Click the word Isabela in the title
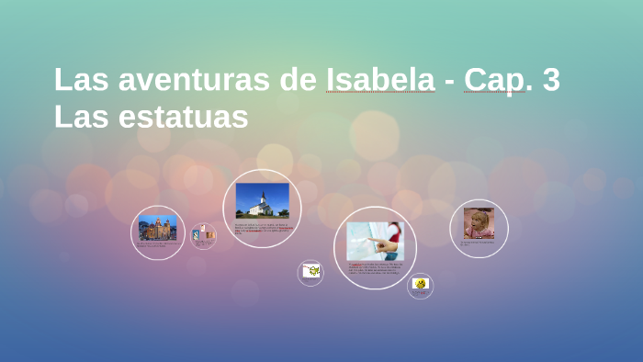point(379,80)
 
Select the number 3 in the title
point(551,80)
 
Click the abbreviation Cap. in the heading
point(497,81)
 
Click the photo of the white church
point(262,200)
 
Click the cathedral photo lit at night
point(157,227)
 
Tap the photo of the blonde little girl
point(479,222)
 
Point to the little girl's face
point(479,221)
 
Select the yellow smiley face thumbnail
point(420,284)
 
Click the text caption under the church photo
point(262,228)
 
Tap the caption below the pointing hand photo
point(375,269)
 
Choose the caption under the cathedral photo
point(157,244)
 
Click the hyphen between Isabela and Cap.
point(449,82)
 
